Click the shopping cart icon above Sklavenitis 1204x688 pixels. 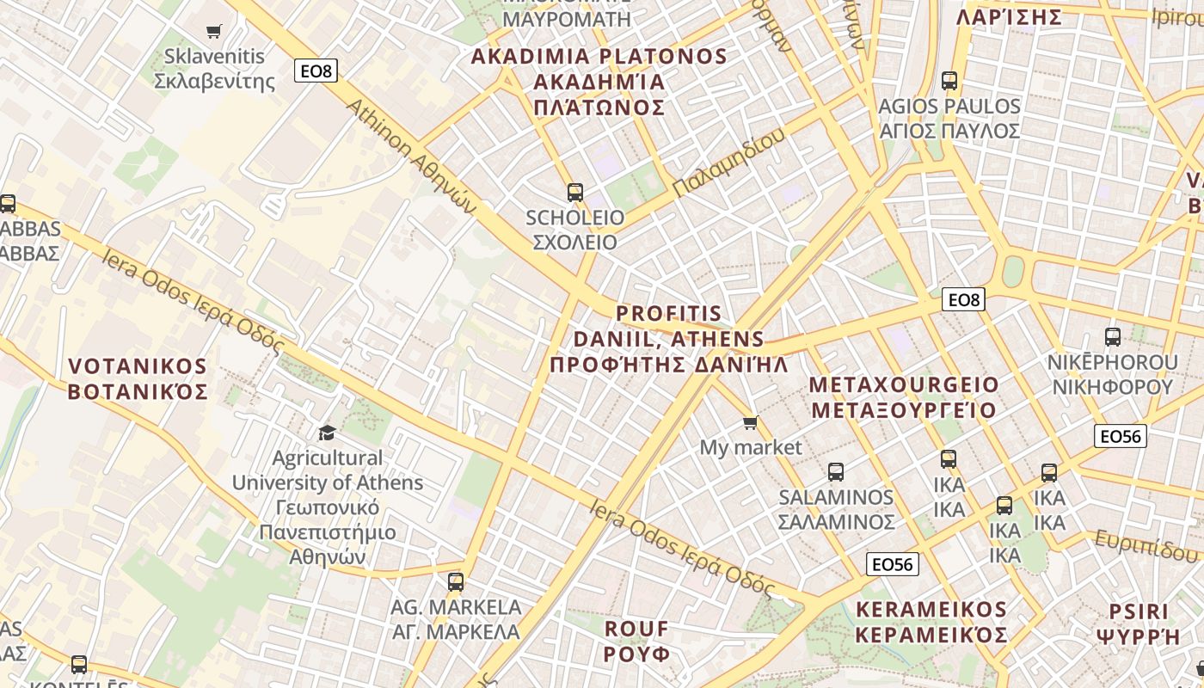214,31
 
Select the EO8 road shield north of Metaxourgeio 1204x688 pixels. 963,299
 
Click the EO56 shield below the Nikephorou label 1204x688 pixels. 1121,436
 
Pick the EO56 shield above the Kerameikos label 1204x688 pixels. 892,564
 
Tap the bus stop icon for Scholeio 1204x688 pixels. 575,193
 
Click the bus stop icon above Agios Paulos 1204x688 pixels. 949,81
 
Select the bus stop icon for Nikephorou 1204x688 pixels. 1113,337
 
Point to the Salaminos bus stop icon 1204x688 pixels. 836,471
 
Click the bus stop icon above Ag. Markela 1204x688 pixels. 456,582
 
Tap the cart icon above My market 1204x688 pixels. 751,422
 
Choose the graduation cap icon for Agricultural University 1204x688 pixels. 327,432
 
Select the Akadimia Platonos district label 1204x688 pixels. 599,82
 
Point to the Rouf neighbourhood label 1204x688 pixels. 636,641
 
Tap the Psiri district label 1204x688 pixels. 1138,623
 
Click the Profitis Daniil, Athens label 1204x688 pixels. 669,338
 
